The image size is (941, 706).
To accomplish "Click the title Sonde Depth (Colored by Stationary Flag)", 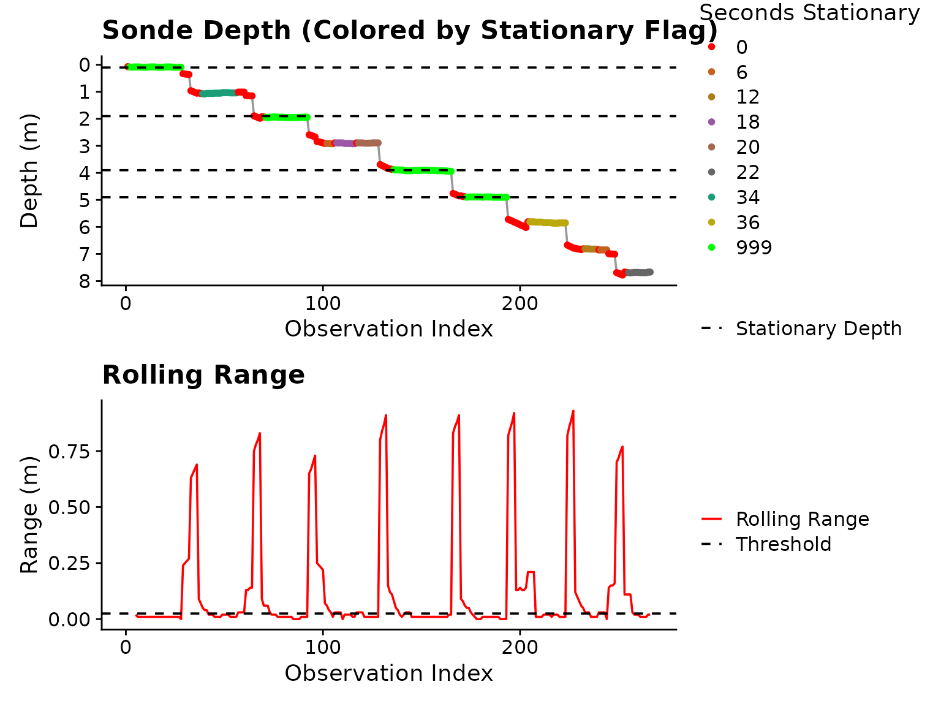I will coord(409,31).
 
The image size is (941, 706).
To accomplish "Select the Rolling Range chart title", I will coord(203,375).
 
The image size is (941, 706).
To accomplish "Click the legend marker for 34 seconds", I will coord(711,197).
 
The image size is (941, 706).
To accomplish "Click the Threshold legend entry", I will coord(783,544).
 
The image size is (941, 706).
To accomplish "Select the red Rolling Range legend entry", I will coord(802,519).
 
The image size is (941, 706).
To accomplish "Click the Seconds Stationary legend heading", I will coord(809,13).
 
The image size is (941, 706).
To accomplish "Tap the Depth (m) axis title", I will coord(29,170).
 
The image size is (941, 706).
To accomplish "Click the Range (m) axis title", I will coord(29,515).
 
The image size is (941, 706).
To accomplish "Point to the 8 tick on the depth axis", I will coord(85,281).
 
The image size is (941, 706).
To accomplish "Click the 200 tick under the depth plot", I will coord(520,303).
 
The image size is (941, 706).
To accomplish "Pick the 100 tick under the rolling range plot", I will coord(322,647).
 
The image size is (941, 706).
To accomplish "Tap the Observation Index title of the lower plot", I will coord(388,673).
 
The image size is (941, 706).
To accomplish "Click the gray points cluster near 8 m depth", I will coord(639,272).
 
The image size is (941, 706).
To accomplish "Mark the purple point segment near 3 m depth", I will coord(344,143).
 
